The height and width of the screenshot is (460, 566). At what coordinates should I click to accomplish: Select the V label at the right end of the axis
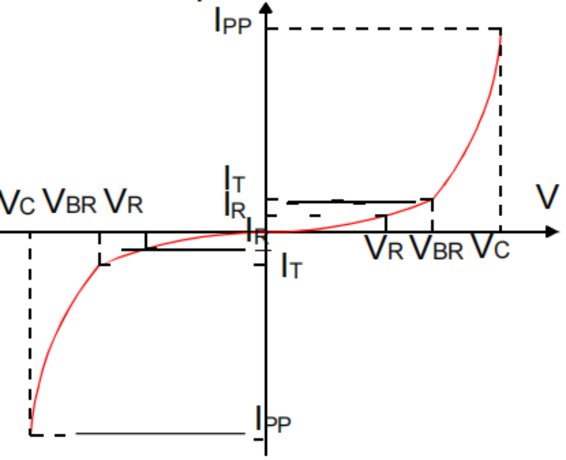(x=546, y=197)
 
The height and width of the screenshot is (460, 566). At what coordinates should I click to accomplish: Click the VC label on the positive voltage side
(x=491, y=247)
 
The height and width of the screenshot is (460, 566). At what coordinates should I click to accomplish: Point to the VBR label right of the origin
(x=437, y=247)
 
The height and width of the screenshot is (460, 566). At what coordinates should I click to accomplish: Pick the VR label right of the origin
(x=385, y=247)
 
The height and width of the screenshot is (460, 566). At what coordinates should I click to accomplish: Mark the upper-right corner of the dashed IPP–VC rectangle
(x=500, y=29)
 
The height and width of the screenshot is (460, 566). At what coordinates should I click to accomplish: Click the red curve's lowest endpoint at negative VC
(x=30, y=434)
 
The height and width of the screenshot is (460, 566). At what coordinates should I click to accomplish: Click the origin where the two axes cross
(x=268, y=231)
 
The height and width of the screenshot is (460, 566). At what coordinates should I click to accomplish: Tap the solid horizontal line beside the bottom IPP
(x=160, y=434)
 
